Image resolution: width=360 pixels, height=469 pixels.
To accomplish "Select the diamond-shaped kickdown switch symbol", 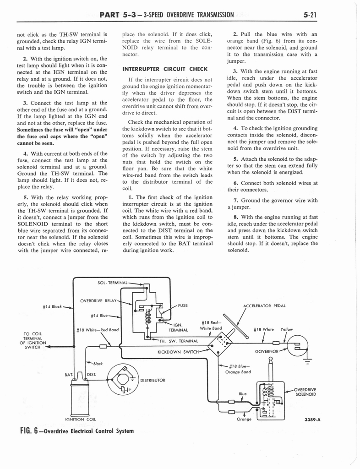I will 220,343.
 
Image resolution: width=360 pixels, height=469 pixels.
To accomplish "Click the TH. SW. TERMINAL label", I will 179,341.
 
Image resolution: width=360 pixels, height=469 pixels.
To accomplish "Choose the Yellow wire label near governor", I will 287,329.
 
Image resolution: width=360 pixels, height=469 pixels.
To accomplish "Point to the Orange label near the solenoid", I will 243,419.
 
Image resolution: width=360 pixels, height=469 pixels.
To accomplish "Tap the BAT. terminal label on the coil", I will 69,374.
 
